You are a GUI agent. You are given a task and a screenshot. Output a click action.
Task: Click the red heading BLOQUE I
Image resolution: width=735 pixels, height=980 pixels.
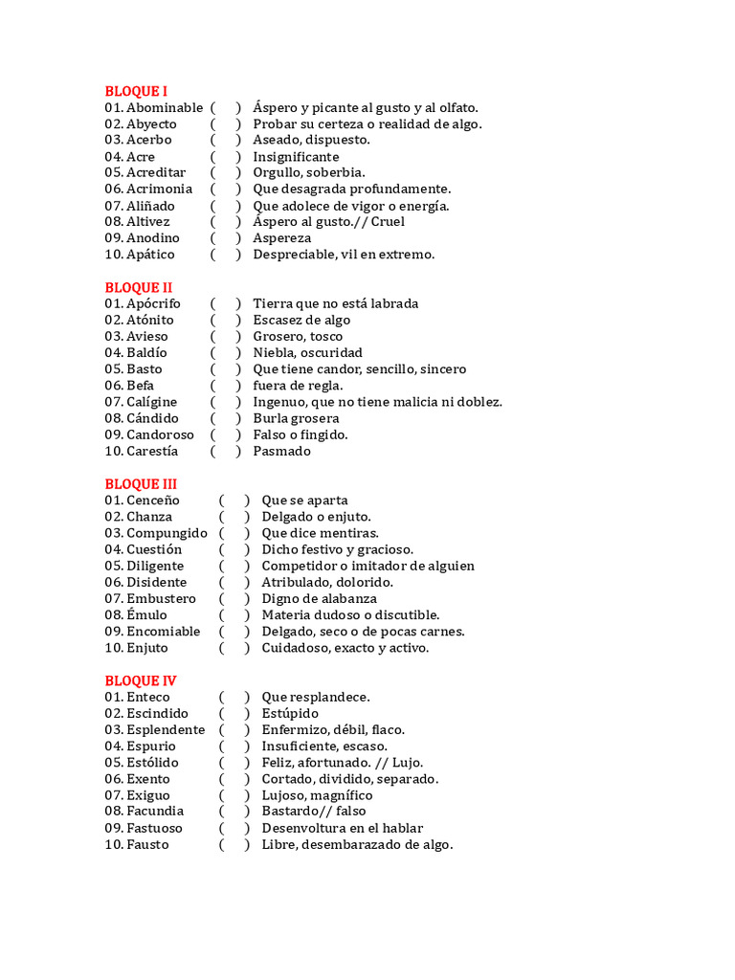coord(136,91)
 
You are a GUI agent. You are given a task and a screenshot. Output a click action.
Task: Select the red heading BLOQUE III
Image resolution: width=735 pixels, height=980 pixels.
coord(141,483)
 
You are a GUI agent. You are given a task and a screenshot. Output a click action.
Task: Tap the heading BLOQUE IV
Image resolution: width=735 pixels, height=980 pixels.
coord(141,680)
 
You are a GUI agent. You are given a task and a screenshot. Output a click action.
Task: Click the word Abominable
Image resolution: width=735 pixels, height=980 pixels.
coord(165,107)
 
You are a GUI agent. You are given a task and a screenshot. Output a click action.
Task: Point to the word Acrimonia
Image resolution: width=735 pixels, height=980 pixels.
coord(159,189)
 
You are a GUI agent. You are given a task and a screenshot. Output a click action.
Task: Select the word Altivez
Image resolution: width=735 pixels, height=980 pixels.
coord(148,221)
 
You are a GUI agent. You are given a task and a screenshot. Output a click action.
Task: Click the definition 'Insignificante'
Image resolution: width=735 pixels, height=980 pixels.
coord(296,156)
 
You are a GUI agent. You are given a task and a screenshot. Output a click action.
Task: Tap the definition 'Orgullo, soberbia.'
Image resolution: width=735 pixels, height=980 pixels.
coord(309,172)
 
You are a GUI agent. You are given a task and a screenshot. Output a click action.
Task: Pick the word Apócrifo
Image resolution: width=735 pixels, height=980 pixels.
coord(153,303)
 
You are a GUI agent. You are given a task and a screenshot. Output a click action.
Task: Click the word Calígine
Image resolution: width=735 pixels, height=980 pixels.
coord(151,402)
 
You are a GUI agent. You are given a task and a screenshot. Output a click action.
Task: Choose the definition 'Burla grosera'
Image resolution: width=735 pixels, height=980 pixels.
coord(296,418)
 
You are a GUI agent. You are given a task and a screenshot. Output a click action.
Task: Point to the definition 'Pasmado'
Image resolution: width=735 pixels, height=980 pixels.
coord(281,451)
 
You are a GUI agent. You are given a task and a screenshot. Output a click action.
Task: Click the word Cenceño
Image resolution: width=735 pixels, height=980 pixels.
coord(153,500)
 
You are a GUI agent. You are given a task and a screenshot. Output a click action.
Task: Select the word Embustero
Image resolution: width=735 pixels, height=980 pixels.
coord(161,598)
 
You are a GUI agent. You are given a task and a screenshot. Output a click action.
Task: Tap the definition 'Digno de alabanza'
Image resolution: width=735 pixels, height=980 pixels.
coord(320,598)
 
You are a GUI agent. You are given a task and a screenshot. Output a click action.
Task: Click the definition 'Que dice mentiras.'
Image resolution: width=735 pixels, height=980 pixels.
coord(320,532)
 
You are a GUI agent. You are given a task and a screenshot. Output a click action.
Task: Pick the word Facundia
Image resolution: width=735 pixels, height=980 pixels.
coord(155,812)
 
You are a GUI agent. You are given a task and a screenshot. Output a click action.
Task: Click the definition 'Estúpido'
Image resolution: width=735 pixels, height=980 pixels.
coord(290,713)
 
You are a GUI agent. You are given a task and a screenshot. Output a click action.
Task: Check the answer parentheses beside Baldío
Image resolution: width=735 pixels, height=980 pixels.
coord(226,352)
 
